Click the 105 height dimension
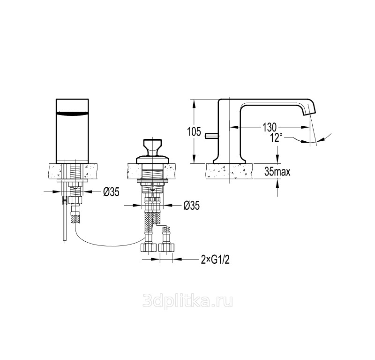click(194, 131)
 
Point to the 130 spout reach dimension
click(270, 127)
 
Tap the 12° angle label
click(277, 138)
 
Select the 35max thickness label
click(277, 171)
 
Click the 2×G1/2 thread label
click(215, 259)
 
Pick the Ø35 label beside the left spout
click(112, 191)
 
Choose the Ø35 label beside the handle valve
click(192, 205)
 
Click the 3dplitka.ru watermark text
click(187, 301)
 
